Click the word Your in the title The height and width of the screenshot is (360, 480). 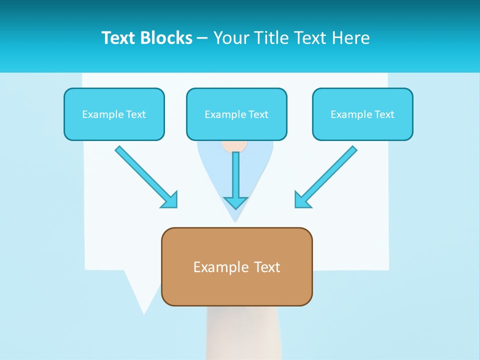pyautogui.click(x=230, y=38)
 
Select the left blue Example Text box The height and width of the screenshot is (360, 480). pyautogui.click(x=114, y=114)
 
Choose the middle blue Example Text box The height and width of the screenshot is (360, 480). pyautogui.click(x=236, y=114)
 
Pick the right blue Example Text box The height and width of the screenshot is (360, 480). pyautogui.click(x=362, y=114)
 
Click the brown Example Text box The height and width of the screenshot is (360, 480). pyautogui.click(x=236, y=266)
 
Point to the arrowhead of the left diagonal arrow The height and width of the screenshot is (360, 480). pyautogui.click(x=170, y=200)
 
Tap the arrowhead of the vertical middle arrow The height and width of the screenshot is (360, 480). pyautogui.click(x=235, y=202)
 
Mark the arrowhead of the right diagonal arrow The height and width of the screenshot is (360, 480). pyautogui.click(x=301, y=200)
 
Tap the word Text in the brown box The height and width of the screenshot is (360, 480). pyautogui.click(x=267, y=267)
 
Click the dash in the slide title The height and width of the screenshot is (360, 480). pyautogui.click(x=202, y=38)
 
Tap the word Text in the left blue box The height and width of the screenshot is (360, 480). pyautogui.click(x=135, y=114)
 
